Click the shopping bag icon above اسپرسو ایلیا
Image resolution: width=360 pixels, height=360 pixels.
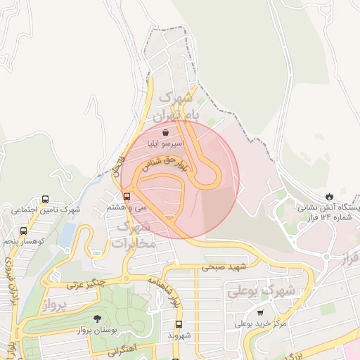165,131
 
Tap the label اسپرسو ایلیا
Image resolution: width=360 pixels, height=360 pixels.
165,143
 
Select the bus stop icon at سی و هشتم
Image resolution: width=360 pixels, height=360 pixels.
127,196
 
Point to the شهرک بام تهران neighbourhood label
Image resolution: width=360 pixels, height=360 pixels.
176,104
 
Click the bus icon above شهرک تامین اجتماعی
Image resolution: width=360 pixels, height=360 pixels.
46,199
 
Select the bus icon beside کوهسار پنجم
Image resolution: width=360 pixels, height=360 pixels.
23,230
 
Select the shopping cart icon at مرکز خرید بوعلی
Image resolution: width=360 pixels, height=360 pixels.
260,312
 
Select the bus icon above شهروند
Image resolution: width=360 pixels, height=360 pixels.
178,325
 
